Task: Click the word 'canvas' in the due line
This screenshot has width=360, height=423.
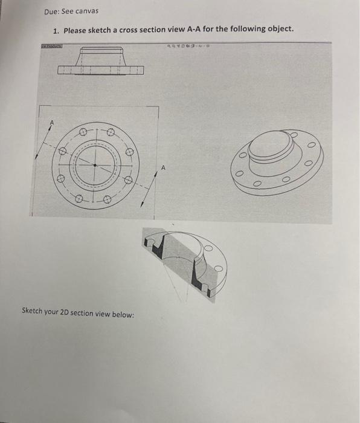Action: point(88,11)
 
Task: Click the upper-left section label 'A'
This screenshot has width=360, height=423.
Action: point(52,123)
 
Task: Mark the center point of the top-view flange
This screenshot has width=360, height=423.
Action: point(94,163)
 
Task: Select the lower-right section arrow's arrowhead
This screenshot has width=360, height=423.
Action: point(143,204)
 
